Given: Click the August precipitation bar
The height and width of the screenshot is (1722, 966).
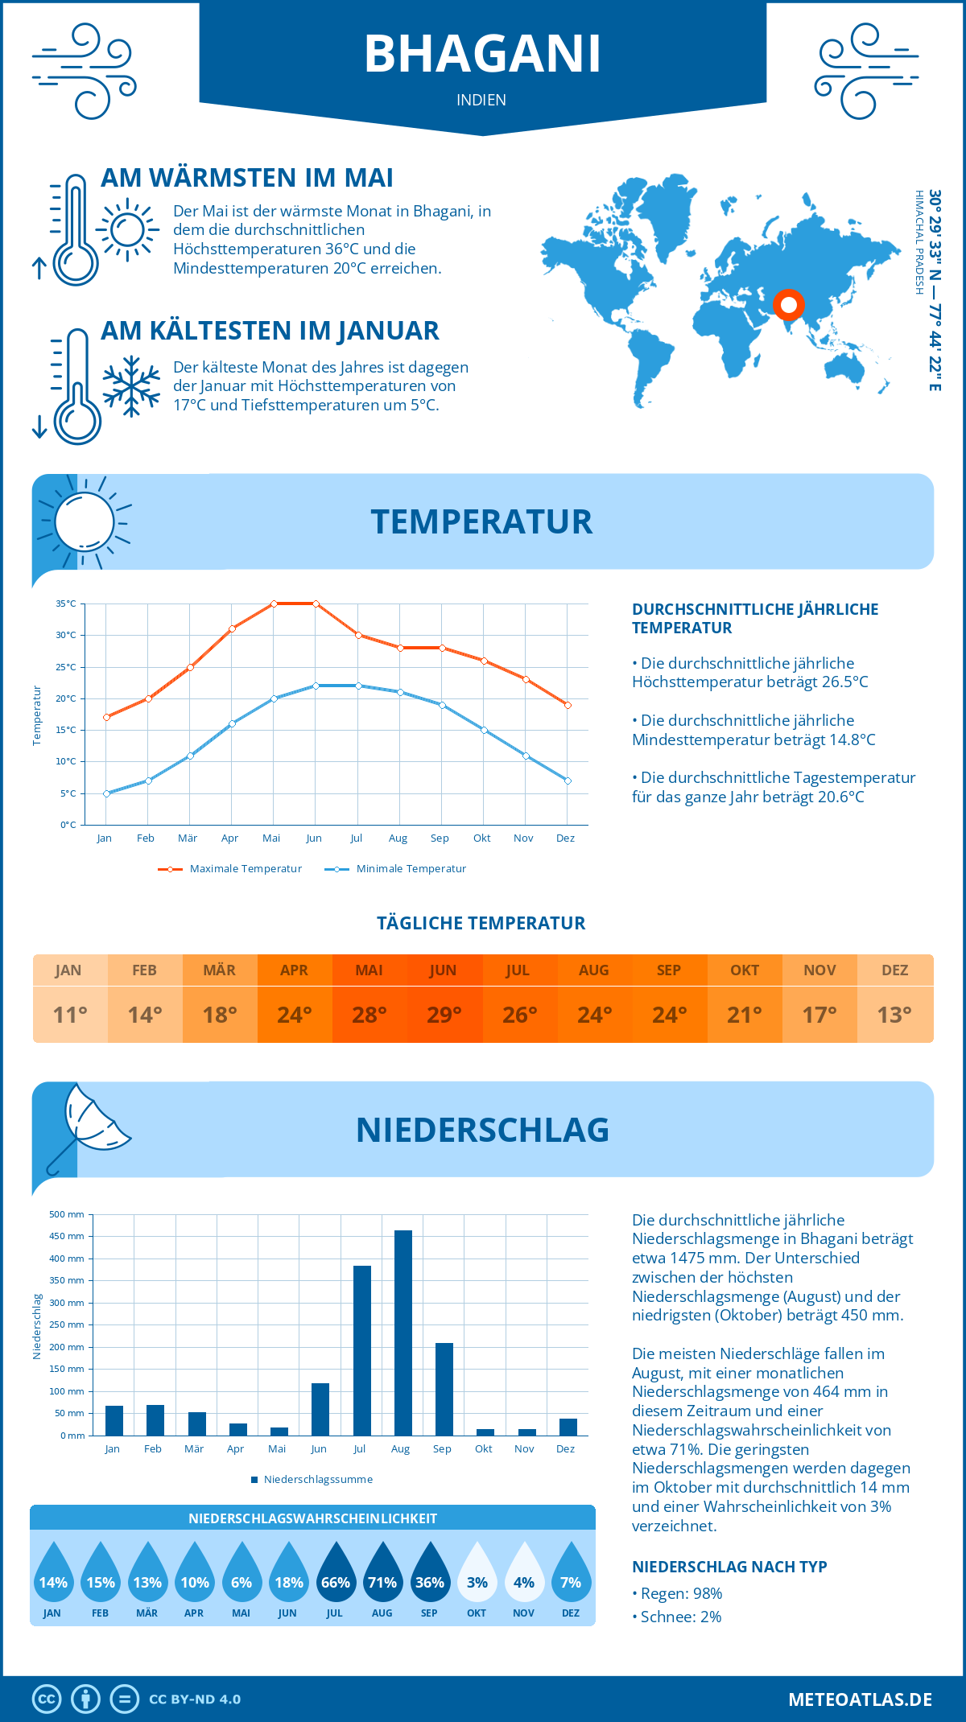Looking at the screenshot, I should [x=402, y=1333].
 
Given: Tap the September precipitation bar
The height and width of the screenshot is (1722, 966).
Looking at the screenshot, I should [x=444, y=1389].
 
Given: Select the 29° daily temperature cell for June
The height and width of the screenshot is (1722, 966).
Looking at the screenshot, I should [x=444, y=1015].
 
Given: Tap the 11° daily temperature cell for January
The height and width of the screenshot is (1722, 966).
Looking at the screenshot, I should [x=69, y=1015].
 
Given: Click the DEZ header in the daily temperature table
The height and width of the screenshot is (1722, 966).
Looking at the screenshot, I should [x=894, y=970].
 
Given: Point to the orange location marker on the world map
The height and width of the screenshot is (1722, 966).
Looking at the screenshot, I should [x=788, y=305].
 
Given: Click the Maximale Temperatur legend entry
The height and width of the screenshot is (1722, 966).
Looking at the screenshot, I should [x=230, y=869].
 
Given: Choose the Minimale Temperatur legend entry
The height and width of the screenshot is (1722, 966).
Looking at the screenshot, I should [x=396, y=869].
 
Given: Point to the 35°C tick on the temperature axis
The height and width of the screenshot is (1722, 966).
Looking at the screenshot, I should [x=66, y=604].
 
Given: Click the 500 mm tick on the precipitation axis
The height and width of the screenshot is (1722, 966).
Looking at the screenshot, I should [x=68, y=1214].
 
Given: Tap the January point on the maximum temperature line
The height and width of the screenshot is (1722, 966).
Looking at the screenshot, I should [x=106, y=717].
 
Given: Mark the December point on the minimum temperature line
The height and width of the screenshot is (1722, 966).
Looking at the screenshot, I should [x=568, y=781].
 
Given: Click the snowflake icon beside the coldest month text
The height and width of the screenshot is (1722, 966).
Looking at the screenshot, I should [x=131, y=386].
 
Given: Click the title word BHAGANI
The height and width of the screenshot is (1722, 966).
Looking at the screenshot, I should [x=482, y=54].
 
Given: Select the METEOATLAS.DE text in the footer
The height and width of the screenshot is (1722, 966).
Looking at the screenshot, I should [x=860, y=1699].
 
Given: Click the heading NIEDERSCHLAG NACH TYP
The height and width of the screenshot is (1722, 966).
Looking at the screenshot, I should [x=729, y=1567].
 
